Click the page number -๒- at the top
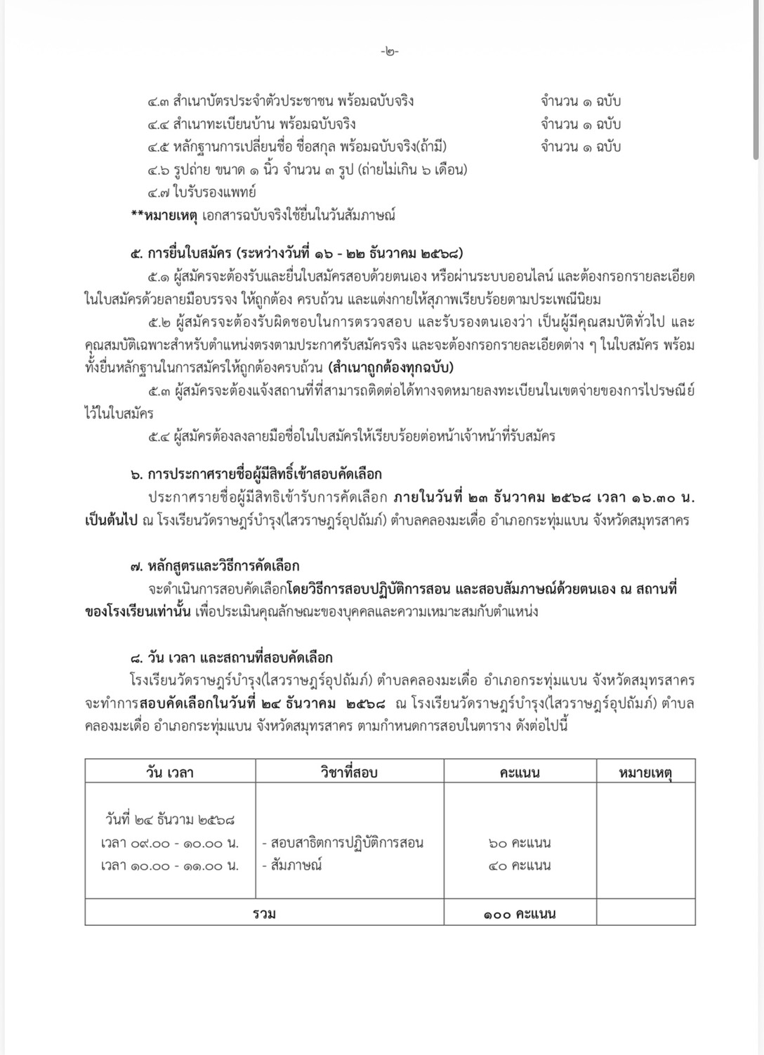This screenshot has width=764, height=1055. [x=390, y=52]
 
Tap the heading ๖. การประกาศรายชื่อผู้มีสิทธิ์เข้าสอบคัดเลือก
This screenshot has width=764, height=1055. [x=256, y=475]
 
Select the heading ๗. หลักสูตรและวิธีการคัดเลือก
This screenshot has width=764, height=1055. [x=215, y=565]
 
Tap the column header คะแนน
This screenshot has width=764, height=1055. [x=520, y=772]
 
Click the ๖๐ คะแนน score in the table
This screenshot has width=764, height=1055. [x=520, y=842]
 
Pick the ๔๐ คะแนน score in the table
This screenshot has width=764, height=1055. [x=520, y=865]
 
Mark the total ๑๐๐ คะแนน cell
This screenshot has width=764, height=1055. [x=520, y=914]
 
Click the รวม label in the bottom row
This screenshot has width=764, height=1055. [x=264, y=914]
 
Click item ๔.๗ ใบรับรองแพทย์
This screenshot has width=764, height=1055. [x=202, y=192]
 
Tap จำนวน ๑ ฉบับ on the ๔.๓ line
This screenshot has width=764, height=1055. [x=581, y=100]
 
